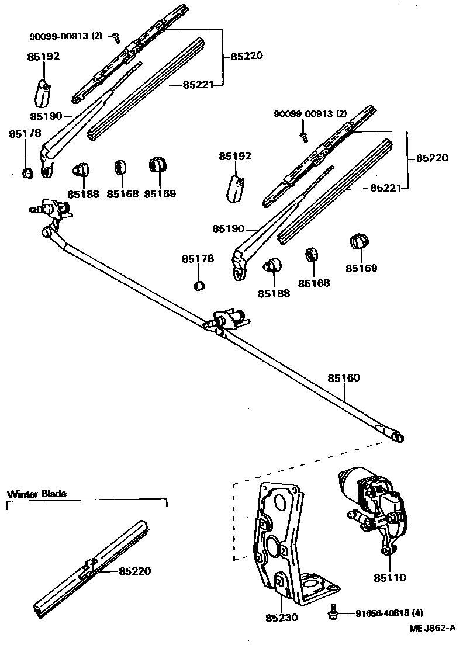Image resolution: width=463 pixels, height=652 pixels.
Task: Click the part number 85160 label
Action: coord(344,378)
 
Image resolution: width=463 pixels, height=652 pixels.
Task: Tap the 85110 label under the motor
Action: coord(390,577)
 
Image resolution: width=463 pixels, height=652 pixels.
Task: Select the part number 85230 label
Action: coord(282,617)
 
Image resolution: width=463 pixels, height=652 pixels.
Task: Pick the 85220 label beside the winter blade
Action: coord(134,571)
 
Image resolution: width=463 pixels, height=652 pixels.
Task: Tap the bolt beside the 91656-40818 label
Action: coord(333,612)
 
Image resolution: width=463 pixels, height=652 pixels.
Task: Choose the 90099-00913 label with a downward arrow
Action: coord(310,113)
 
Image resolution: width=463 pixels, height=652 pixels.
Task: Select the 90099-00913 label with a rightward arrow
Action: coord(65,36)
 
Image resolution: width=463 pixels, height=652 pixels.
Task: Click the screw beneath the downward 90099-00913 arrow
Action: coord(303,136)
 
